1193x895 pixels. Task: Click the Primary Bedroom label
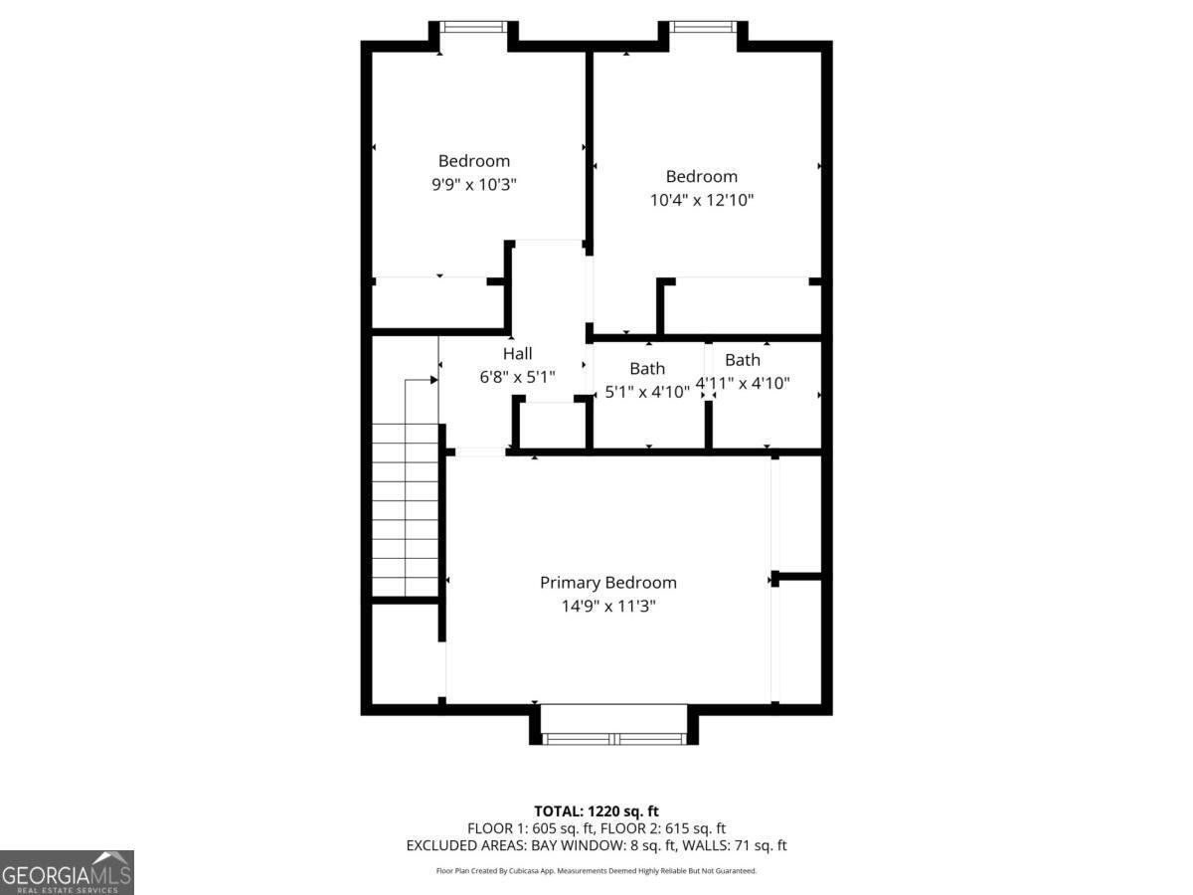coord(607,583)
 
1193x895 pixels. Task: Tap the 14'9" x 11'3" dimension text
coord(607,606)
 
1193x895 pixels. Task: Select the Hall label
coord(517,354)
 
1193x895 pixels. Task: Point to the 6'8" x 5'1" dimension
coord(517,377)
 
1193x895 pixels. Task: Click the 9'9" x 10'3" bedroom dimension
coord(474,184)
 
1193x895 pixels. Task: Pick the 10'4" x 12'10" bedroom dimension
coord(701,200)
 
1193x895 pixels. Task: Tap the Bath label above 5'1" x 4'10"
coord(647,369)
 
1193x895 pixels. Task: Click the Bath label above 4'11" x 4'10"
coord(743,360)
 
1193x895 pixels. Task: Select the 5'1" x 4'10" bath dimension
coord(647,392)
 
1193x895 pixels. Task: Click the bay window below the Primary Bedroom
coord(614,738)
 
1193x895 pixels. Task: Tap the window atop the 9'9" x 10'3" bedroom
coord(474,27)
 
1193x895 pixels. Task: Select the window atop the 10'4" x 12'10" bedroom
coord(703,27)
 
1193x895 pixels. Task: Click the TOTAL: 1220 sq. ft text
coord(596,810)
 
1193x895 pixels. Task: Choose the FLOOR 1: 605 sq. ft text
coord(529,828)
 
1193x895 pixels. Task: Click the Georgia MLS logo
coord(67,872)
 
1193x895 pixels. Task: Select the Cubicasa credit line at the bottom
coord(596,871)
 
